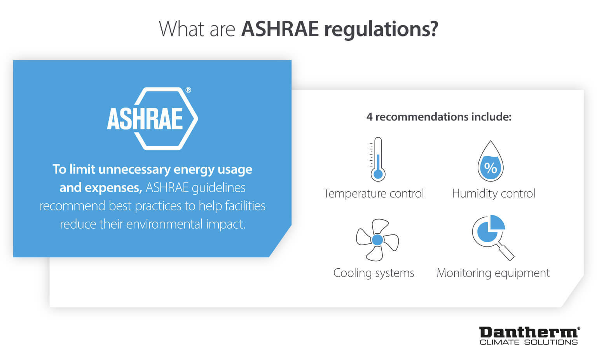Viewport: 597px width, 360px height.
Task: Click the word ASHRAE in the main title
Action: [x=280, y=29]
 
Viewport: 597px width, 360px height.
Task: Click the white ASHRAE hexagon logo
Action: [x=152, y=119]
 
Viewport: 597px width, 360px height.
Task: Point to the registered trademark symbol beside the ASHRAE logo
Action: [x=188, y=90]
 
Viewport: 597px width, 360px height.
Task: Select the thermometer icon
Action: [x=377, y=159]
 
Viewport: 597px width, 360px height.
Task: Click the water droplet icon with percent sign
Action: [x=491, y=161]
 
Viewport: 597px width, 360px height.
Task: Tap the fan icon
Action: [x=377, y=239]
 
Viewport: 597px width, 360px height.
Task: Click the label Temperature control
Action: [x=374, y=194]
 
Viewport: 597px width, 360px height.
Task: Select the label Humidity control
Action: [x=493, y=194]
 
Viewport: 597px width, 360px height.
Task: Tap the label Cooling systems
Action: [x=374, y=273]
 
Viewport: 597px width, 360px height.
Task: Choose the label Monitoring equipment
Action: [x=493, y=273]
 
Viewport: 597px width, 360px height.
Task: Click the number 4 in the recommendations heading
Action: [x=369, y=117]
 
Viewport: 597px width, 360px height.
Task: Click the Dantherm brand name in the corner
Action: [x=528, y=332]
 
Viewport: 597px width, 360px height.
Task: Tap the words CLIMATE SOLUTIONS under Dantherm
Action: [x=529, y=343]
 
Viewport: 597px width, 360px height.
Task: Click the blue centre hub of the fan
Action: [x=377, y=239]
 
